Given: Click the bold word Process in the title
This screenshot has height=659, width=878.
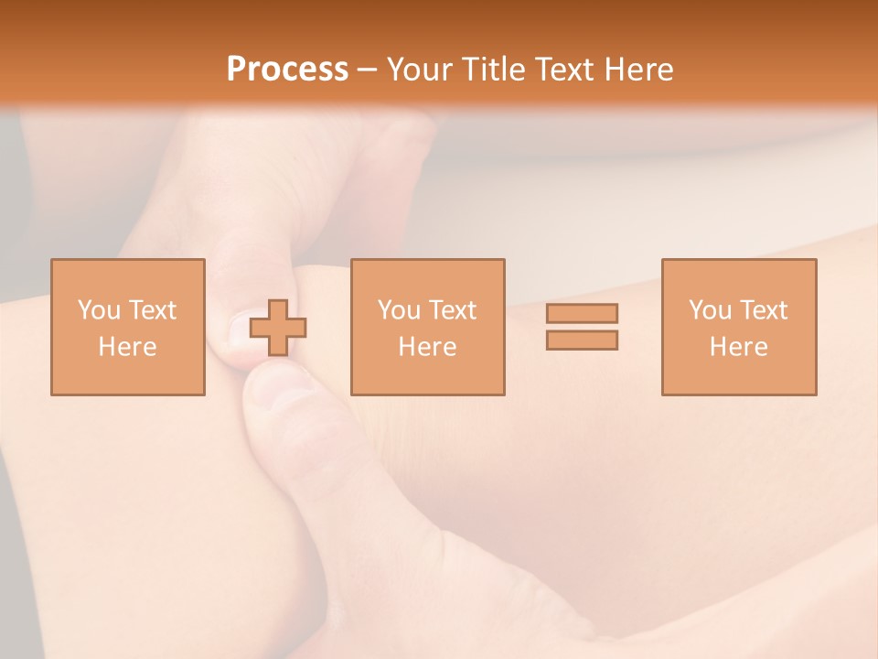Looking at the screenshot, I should tap(287, 70).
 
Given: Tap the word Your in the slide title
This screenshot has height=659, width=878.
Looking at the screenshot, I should tap(416, 70).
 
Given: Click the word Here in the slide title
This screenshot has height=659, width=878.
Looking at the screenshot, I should tap(641, 70).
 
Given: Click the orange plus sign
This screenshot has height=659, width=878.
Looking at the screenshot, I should tap(278, 328).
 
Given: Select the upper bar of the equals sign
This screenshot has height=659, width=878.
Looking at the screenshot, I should tap(582, 313).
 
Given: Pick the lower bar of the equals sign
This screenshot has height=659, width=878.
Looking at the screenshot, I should tap(582, 340).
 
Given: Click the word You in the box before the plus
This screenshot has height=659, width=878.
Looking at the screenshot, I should tap(98, 310).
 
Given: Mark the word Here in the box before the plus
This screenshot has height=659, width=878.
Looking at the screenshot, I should tap(128, 347).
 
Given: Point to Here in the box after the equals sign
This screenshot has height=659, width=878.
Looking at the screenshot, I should tap(739, 347).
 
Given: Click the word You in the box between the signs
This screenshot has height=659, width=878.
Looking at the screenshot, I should tap(398, 310).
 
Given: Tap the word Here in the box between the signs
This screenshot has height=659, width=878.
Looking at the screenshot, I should tap(428, 347).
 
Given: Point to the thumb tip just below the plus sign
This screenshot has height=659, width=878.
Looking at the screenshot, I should tap(274, 384).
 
